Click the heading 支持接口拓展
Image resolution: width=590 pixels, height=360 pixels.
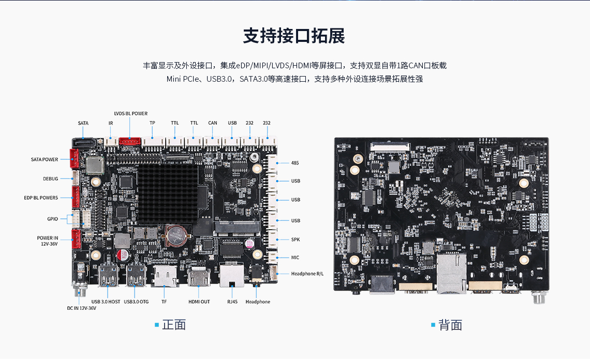294,36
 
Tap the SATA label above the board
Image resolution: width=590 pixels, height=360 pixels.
83,123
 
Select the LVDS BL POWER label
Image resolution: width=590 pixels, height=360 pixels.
131,113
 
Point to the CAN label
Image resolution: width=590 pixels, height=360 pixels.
213,123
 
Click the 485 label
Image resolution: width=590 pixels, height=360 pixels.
296,163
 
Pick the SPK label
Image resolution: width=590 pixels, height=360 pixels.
296,239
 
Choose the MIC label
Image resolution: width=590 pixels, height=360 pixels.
296,257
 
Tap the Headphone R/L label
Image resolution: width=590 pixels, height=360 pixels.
307,274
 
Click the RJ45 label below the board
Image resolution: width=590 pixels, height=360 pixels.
232,302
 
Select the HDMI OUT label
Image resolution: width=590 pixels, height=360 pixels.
199,302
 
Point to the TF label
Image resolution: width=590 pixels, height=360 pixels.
164,302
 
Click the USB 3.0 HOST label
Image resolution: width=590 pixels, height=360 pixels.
106,302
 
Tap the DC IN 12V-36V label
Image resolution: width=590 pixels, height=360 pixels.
82,308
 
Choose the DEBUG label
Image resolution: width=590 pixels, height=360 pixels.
51,179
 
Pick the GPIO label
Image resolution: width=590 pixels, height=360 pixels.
52,219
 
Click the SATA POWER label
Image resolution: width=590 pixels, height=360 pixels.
45,159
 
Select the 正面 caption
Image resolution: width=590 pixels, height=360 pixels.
173,325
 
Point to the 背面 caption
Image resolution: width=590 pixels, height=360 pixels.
450,325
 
